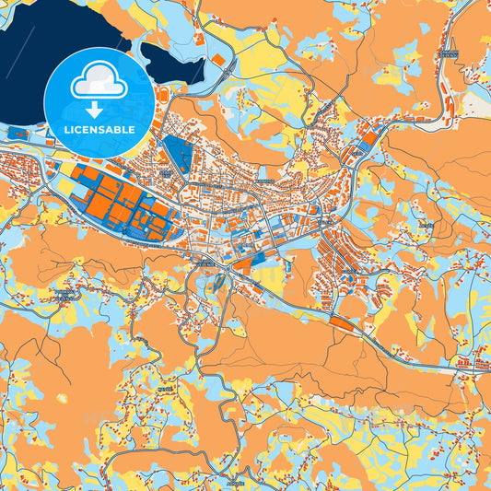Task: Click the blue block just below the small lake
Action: [x=176, y=153]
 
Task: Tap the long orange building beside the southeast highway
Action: [x=345, y=323]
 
